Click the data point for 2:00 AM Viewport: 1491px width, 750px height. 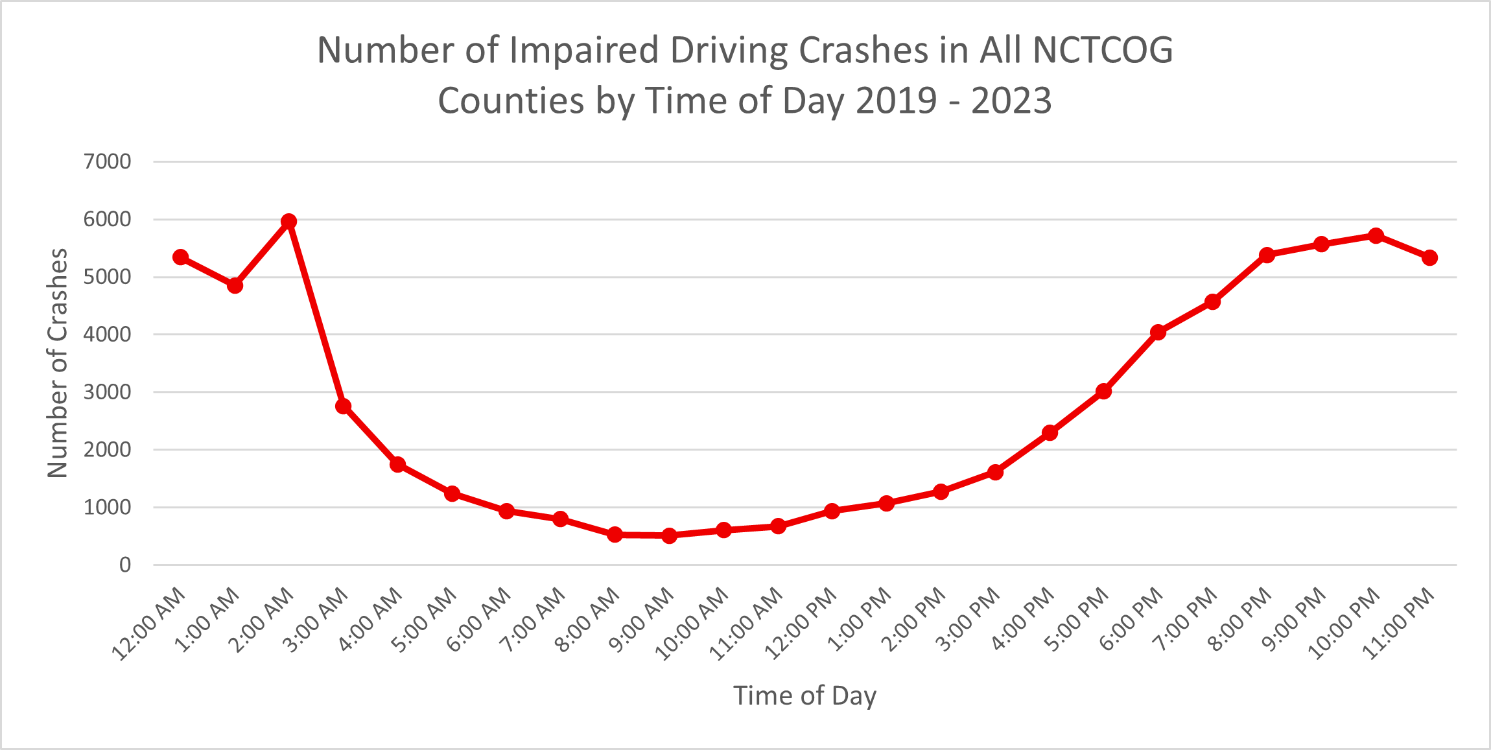(289, 222)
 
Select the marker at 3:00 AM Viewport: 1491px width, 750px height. (344, 406)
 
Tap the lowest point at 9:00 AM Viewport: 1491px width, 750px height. (670, 535)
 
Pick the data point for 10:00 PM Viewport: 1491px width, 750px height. (1376, 235)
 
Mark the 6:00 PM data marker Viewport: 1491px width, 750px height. (1158, 333)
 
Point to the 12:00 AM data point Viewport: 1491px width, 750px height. (181, 257)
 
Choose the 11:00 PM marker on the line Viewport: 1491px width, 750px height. (1430, 258)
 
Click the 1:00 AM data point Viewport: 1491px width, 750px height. (235, 286)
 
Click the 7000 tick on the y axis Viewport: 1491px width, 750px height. (108, 161)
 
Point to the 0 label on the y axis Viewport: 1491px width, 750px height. (125, 565)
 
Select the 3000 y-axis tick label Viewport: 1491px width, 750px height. (108, 392)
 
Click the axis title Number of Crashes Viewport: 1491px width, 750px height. (58, 363)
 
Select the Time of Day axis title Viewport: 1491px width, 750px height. (805, 696)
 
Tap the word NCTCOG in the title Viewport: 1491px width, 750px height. (1103, 50)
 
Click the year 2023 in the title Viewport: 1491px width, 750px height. (1011, 101)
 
